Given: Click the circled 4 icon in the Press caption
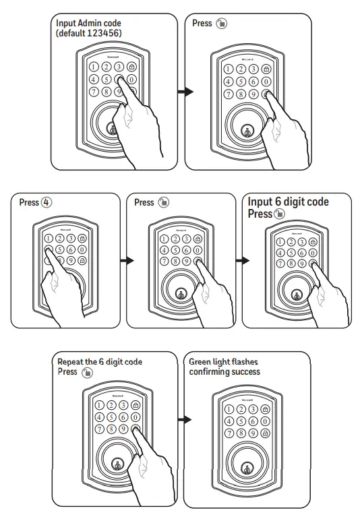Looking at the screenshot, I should pyautogui.click(x=46, y=202).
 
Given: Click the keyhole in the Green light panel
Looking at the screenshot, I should pyautogui.click(x=246, y=465).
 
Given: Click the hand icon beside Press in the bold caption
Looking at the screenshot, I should pyautogui.click(x=279, y=214).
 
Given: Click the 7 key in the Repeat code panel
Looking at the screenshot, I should pyautogui.click(x=100, y=428).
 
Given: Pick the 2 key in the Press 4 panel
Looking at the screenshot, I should pyautogui.click(x=59, y=237).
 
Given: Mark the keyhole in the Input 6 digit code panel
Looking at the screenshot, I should pyautogui.click(x=295, y=295).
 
